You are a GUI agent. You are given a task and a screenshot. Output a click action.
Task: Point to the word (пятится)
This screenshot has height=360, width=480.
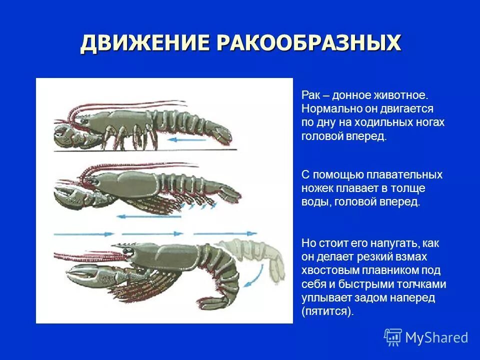click(x=327, y=311)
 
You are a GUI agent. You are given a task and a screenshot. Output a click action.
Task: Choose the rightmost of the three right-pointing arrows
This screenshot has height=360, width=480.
click(x=225, y=233)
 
